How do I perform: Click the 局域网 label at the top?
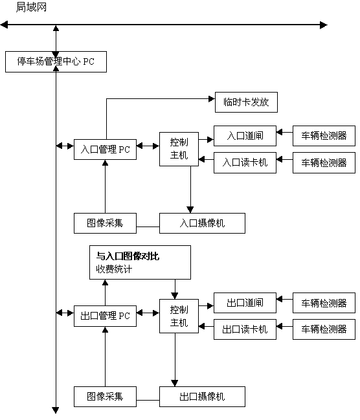[x=31, y=7]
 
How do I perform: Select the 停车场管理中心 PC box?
[x=56, y=62]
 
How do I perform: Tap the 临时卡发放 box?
[x=246, y=102]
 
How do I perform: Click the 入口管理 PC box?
[x=105, y=149]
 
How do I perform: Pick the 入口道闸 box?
[x=245, y=136]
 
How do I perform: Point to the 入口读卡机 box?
[x=245, y=163]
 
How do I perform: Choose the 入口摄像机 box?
[x=202, y=223]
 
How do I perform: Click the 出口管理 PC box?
[x=105, y=316]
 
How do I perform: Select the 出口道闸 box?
[x=245, y=303]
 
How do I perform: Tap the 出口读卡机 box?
[x=245, y=329]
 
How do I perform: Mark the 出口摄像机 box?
[x=202, y=397]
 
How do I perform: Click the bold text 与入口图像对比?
[x=128, y=256]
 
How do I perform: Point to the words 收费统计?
[x=114, y=269]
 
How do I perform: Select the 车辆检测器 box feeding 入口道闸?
[x=324, y=136]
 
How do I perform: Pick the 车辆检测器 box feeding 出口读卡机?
[x=324, y=329]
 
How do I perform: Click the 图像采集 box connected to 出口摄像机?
[x=105, y=397]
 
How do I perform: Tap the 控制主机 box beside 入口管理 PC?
[x=179, y=149]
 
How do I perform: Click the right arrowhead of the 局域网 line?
[x=324, y=25]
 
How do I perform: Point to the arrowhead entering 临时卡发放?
[x=212, y=99]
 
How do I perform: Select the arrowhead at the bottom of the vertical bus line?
[x=56, y=410]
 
